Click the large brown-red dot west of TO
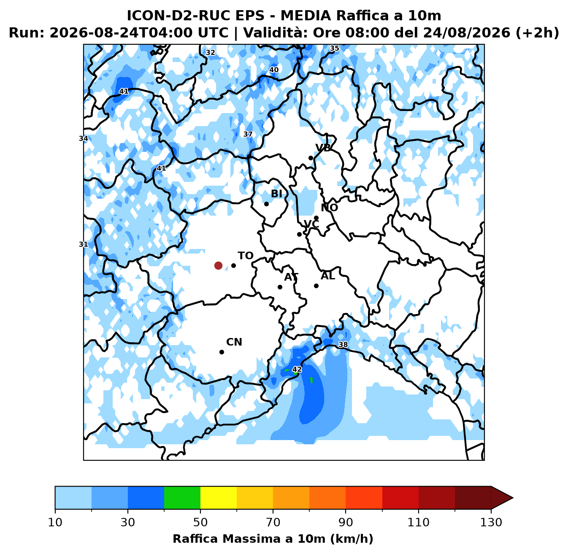click(x=218, y=266)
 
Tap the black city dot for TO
click(x=233, y=266)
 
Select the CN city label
click(x=234, y=342)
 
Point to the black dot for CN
click(x=222, y=352)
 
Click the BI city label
click(x=277, y=194)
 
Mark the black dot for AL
click(x=316, y=286)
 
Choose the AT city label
click(x=291, y=277)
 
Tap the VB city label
click(x=323, y=148)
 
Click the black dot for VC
click(x=300, y=235)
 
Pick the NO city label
click(x=330, y=208)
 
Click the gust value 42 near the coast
click(x=297, y=370)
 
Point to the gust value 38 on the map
click(x=343, y=345)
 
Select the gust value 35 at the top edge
click(x=335, y=49)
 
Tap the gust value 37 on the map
click(x=248, y=134)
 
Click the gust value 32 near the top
click(x=211, y=53)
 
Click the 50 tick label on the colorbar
click(x=200, y=522)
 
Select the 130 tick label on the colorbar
click(x=491, y=522)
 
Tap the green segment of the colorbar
click(x=182, y=497)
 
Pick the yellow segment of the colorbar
click(x=219, y=497)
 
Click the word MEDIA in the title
click(x=306, y=16)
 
